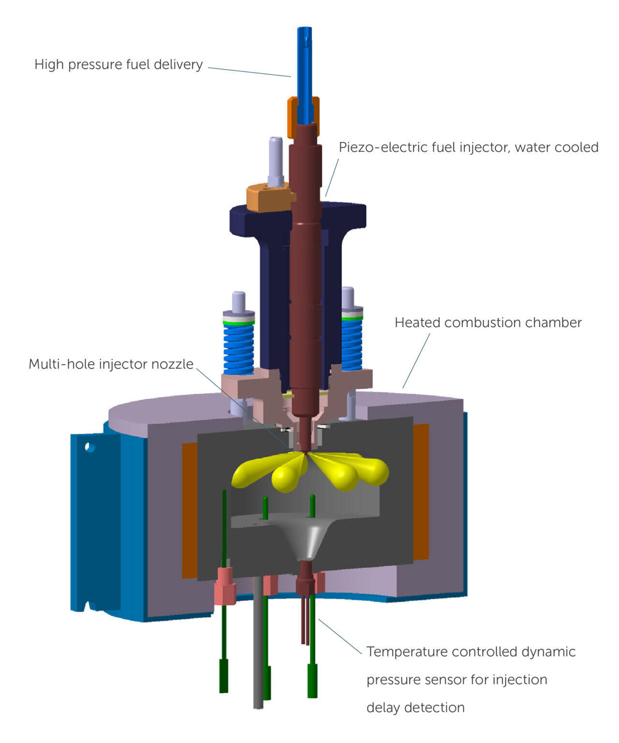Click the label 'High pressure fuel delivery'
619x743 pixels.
point(118,64)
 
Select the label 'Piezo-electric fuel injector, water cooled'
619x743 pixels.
point(468,147)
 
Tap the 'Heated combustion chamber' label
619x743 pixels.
point(488,323)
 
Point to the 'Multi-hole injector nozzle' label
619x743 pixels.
point(111,364)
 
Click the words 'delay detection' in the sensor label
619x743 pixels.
point(415,707)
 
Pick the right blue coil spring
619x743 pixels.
point(352,343)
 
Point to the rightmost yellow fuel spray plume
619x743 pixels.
point(372,469)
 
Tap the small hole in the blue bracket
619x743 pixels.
point(89,447)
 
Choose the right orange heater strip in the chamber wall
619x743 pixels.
point(421,491)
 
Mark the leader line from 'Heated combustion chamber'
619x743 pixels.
point(416,361)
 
